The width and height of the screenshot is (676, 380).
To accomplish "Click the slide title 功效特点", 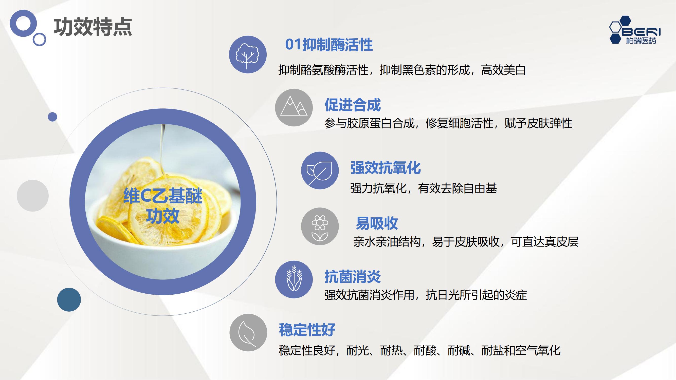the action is point(93,27).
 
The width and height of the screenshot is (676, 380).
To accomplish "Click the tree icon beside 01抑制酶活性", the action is point(248,54).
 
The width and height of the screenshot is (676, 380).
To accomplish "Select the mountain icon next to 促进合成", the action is point(294,107).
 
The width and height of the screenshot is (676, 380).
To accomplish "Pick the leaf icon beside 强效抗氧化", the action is point(320,170).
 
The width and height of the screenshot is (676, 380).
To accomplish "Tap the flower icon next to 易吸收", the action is point(320,226).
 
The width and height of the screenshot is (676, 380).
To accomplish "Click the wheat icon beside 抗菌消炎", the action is point(294,279).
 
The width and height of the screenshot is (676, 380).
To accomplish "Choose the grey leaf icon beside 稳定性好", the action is point(248,333).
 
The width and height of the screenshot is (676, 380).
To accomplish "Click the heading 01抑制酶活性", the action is point(329,45).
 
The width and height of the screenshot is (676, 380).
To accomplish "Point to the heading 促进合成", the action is point(352,105).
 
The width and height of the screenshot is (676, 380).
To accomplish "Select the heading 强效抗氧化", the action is point(386,168).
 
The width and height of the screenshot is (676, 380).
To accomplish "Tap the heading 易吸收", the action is point(377,223).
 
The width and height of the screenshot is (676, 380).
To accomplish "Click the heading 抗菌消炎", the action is point(352,277).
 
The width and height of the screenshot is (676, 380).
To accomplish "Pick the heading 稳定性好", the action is point(307,330).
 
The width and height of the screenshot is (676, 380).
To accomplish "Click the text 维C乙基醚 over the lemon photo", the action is point(163,196).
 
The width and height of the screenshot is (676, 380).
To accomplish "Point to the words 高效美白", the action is point(503,70).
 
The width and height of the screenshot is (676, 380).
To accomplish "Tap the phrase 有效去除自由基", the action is point(458,188).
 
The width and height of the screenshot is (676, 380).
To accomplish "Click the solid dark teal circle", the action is point(69,299).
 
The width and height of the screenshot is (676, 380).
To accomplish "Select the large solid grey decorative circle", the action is point(33,196).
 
